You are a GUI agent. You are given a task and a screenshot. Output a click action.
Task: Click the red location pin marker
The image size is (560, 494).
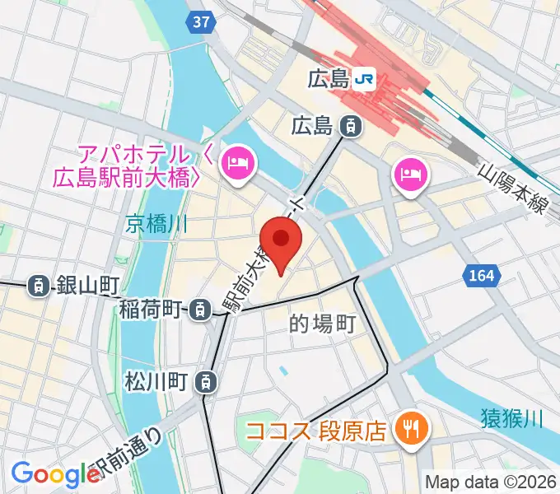[282, 240]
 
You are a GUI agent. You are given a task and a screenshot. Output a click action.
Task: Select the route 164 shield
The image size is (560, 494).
[483, 276]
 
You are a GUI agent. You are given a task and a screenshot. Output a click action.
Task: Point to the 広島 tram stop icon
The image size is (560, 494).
[352, 126]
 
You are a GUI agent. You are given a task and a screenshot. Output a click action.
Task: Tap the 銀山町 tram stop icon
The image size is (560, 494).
[38, 286]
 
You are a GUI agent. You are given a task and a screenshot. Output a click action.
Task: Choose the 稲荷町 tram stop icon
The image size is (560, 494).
[199, 310]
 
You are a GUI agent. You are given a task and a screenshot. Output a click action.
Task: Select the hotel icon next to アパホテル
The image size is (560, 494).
[240, 162]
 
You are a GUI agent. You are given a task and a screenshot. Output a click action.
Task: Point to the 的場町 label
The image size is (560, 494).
[322, 324]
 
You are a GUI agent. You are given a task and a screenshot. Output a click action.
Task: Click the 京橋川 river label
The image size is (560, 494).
[158, 222]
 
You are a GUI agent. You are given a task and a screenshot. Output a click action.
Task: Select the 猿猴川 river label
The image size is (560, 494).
[511, 421]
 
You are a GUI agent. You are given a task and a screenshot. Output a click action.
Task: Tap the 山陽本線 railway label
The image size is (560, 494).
[513, 189]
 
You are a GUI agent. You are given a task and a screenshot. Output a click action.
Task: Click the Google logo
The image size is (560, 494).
[55, 473]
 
